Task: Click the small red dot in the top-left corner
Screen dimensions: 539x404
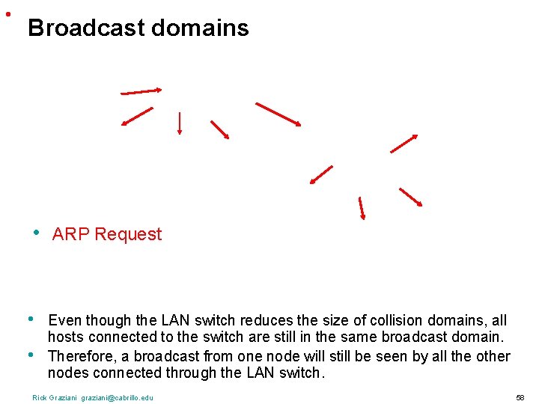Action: [7, 13]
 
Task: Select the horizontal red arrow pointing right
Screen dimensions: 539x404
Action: [141, 91]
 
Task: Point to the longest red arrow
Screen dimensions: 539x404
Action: [278, 114]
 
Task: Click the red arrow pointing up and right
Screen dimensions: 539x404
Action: [404, 143]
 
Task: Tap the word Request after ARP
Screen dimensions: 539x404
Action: [128, 234]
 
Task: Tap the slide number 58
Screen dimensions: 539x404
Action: [520, 397]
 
